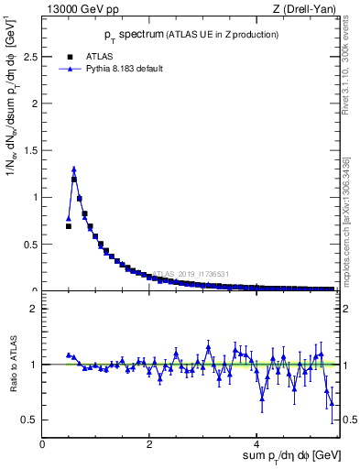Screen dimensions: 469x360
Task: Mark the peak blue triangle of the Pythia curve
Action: coord(73,169)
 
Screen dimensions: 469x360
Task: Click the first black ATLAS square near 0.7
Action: coord(68,226)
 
